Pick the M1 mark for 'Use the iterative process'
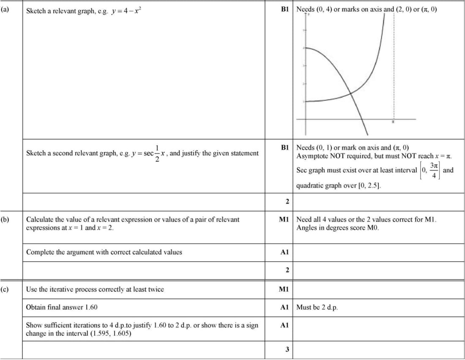(x=284, y=289)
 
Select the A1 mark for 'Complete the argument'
(x=284, y=252)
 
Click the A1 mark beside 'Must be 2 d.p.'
(x=284, y=307)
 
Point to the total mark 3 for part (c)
(x=287, y=349)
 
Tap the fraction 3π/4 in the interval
(x=435, y=169)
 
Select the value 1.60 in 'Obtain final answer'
(x=91, y=307)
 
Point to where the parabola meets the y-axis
(x=306, y=48)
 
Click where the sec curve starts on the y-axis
(x=306, y=101)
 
